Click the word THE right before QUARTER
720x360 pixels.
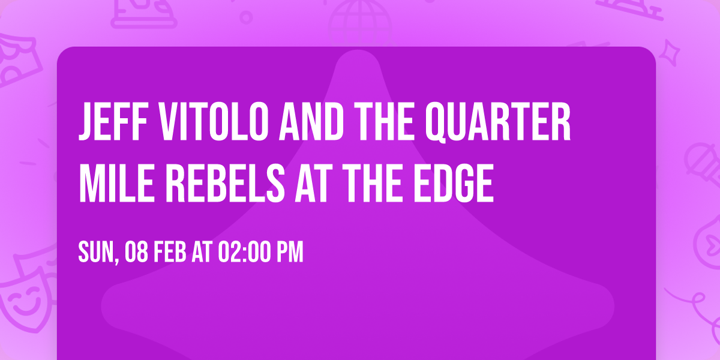click(x=362, y=124)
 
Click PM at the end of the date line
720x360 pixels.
click(x=289, y=253)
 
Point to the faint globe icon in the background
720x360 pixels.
click(x=359, y=18)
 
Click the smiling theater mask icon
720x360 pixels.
click(x=24, y=300)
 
